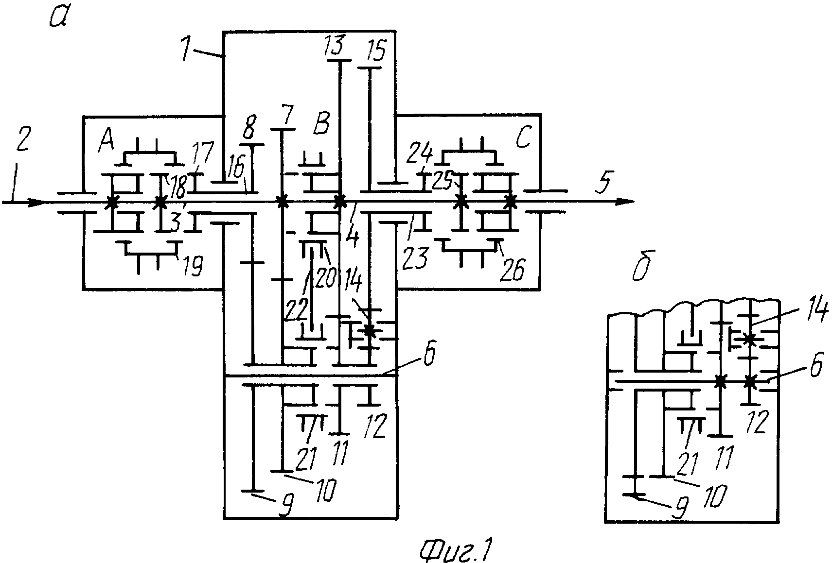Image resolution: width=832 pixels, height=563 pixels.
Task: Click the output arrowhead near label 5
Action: point(625,202)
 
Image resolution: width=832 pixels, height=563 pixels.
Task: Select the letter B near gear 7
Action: point(321,124)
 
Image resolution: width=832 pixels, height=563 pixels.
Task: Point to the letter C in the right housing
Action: point(523,136)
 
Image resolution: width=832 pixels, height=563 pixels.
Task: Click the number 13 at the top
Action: point(335,45)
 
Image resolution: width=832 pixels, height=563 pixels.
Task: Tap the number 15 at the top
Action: point(376,51)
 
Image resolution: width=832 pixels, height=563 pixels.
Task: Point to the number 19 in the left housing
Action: point(193,266)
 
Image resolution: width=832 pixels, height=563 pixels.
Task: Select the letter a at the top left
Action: point(58,18)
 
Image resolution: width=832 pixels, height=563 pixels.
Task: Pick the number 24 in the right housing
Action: point(420,154)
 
